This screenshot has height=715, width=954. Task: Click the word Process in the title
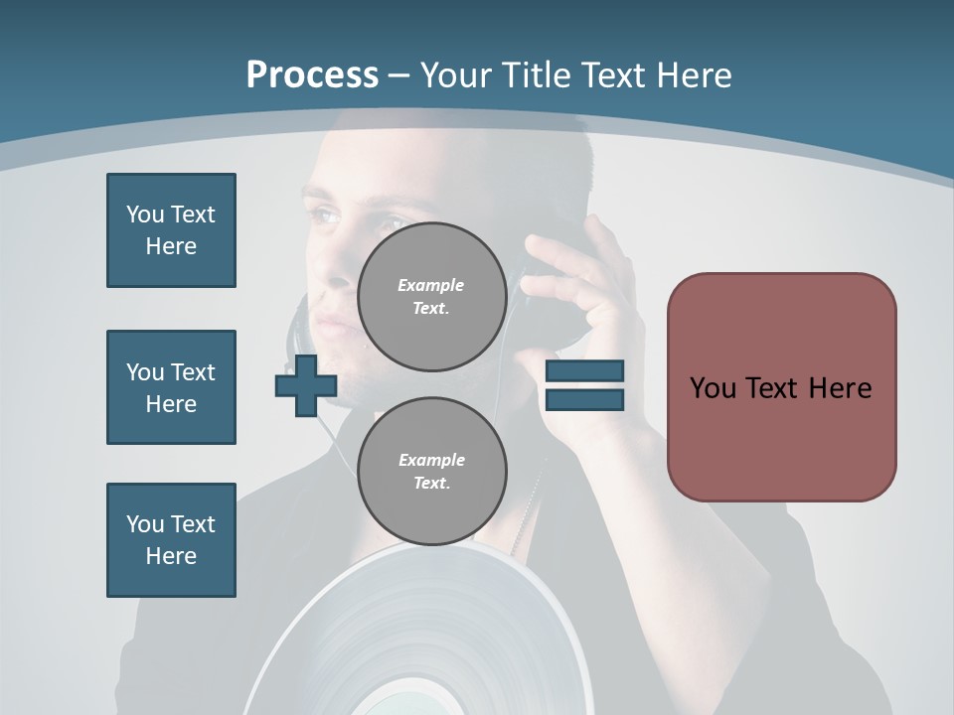(312, 75)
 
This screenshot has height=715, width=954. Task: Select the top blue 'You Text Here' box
(171, 230)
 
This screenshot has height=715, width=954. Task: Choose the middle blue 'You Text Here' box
(171, 387)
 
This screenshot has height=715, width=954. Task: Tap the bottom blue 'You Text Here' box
(171, 540)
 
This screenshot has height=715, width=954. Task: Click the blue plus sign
(305, 386)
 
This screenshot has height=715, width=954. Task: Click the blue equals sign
(584, 385)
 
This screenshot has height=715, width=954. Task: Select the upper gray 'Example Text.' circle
(431, 297)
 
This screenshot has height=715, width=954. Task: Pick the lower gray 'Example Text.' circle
(431, 472)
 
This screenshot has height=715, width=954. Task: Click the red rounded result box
(781, 387)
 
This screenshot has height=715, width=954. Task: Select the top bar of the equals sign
(584, 371)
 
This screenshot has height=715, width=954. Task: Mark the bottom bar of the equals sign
(584, 399)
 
